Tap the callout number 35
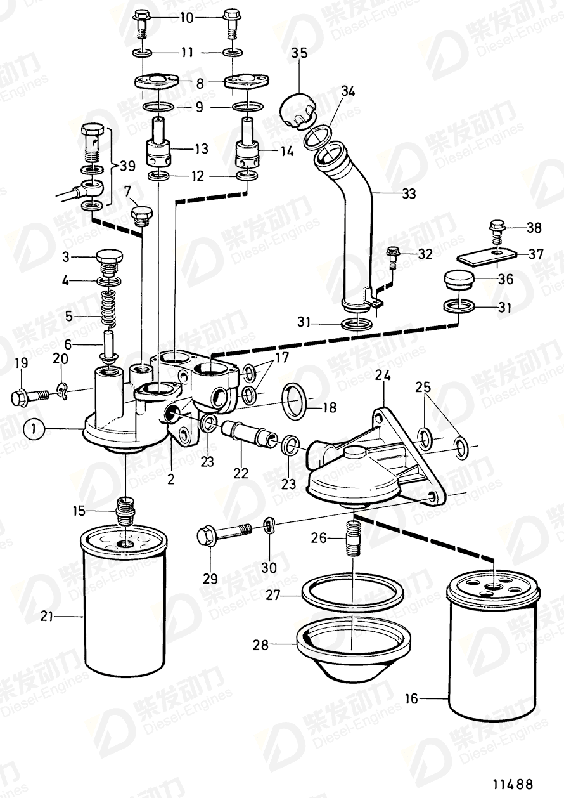[x=299, y=53]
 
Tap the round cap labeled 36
[x=461, y=280]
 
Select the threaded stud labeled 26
[x=352, y=537]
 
